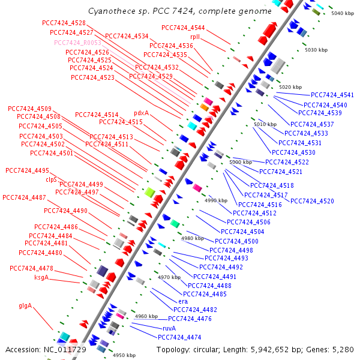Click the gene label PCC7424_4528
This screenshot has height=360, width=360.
click(x=64, y=23)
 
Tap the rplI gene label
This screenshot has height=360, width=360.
click(x=195, y=37)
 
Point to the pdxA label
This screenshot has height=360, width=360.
click(x=141, y=113)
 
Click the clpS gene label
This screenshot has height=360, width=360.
click(x=51, y=179)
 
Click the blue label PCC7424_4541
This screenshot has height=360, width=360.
click(x=332, y=95)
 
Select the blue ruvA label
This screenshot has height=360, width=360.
click(x=169, y=328)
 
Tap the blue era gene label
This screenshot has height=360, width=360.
click(x=184, y=301)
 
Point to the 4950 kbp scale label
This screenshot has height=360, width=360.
click(x=124, y=355)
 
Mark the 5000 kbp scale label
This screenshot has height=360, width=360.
click(x=241, y=162)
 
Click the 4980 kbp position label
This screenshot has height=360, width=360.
click(x=193, y=238)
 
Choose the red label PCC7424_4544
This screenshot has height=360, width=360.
click(x=183, y=28)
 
